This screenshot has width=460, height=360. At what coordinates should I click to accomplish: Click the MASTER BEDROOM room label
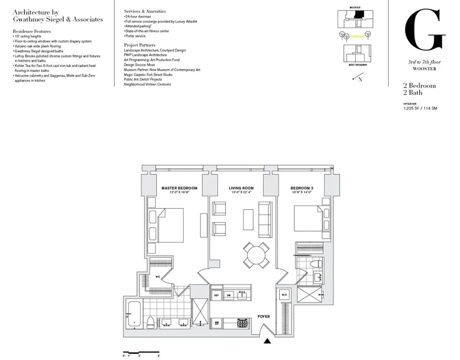click(x=179, y=188)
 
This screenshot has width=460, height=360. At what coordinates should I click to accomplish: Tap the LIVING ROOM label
click(x=241, y=188)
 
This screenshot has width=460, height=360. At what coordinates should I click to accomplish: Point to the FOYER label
click(x=264, y=316)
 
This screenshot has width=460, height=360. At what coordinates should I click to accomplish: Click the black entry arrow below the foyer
click(x=267, y=341)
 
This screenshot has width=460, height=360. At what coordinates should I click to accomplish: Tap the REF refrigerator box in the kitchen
click(x=216, y=295)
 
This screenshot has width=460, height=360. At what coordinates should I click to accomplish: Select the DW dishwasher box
click(x=228, y=295)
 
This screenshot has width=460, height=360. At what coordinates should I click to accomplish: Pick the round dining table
click(x=256, y=255)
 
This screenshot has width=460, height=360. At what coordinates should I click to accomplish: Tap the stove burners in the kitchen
click(x=242, y=322)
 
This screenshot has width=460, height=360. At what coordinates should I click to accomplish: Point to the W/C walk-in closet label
click(x=158, y=277)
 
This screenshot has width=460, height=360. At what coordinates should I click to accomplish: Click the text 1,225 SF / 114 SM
click(x=420, y=108)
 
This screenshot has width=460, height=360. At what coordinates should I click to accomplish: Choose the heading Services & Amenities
click(x=144, y=12)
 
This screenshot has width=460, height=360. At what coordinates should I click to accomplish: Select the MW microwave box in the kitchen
click(x=217, y=322)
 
